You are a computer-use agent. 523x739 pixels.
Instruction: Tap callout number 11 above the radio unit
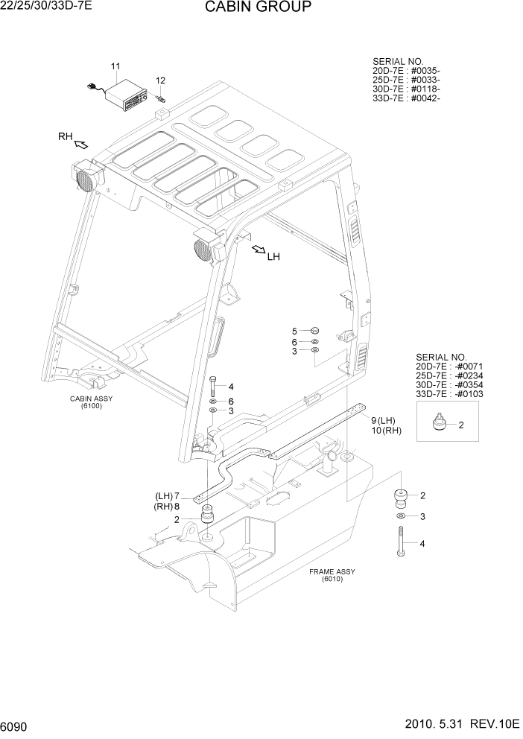point(115,67)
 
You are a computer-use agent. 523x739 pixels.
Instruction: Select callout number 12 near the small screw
point(160,80)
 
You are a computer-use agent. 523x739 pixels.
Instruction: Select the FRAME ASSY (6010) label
point(332,575)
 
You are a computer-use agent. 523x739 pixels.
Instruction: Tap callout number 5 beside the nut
point(294,331)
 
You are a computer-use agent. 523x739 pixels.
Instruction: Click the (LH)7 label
point(168,496)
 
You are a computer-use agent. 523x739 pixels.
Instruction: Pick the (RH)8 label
point(168,507)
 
